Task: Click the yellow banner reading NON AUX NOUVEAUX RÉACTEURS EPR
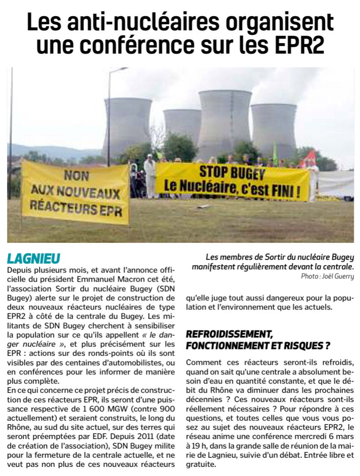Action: tap(76, 193)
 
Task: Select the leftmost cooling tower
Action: tap(127, 125)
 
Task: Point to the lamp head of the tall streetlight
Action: tap(121, 69)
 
